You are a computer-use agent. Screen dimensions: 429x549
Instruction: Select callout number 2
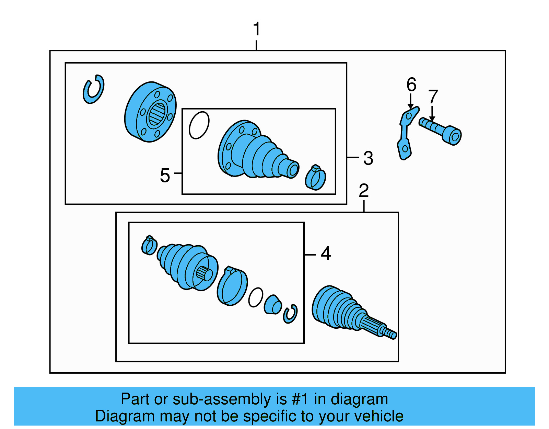(364, 191)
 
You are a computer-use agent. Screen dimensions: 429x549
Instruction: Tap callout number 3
(368, 158)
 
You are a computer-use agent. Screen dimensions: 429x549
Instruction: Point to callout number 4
(326, 254)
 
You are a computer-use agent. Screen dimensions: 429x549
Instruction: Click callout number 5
(165, 175)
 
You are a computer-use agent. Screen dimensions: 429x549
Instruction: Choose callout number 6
(411, 84)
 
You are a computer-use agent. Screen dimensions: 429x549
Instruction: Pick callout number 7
(433, 97)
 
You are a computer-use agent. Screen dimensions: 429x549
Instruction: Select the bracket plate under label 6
(406, 134)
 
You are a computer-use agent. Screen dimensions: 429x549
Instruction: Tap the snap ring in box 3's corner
(93, 89)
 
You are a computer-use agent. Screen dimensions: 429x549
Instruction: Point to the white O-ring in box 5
(199, 125)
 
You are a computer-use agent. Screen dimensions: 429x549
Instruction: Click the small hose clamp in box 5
(316, 178)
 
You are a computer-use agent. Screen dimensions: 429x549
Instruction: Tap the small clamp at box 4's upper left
(149, 246)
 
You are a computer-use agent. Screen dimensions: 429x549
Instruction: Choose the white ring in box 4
(256, 297)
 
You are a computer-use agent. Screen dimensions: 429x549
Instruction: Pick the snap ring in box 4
(290, 314)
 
